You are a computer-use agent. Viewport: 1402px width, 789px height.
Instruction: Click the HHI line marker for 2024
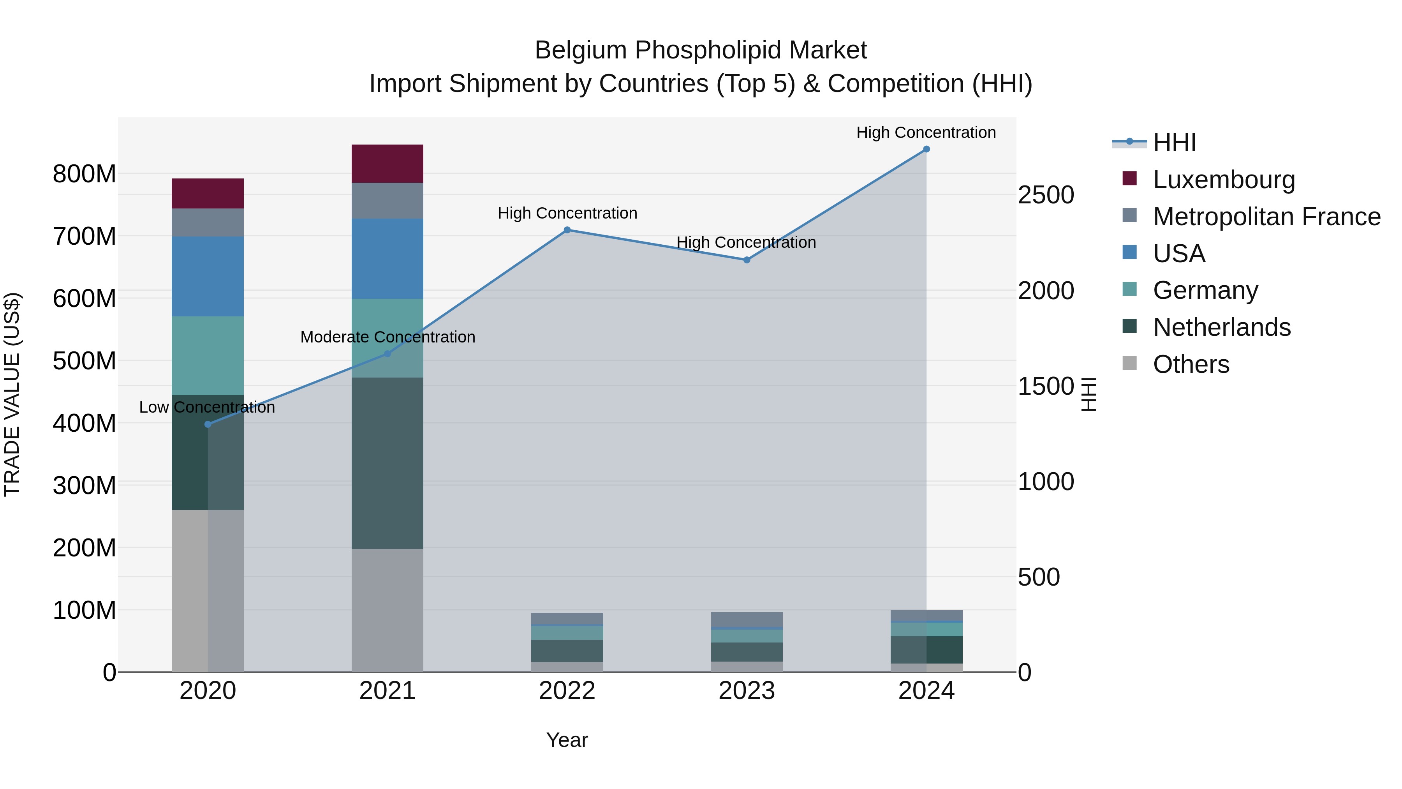click(926, 149)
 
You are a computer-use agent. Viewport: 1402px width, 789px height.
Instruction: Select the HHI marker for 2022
click(567, 230)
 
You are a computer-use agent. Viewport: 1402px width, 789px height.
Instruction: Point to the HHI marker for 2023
click(747, 260)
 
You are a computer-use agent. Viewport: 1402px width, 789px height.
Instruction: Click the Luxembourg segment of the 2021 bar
click(387, 163)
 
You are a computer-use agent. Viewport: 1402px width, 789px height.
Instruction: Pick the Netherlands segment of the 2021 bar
click(387, 463)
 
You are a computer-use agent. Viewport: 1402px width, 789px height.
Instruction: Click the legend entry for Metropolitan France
click(1266, 216)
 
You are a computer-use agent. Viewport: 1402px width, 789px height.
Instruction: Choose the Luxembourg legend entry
click(1224, 179)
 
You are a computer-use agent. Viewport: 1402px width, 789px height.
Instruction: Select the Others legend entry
click(1191, 364)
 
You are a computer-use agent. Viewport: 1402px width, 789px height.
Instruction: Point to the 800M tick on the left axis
click(85, 174)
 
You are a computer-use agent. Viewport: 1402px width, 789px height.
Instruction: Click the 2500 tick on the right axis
click(1046, 195)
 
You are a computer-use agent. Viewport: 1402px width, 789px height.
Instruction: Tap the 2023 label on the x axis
click(747, 690)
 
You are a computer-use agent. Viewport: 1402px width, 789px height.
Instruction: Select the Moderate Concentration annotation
click(387, 337)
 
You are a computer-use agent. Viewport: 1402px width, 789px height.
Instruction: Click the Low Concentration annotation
click(207, 407)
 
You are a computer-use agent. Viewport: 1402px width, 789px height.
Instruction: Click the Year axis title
click(567, 740)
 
